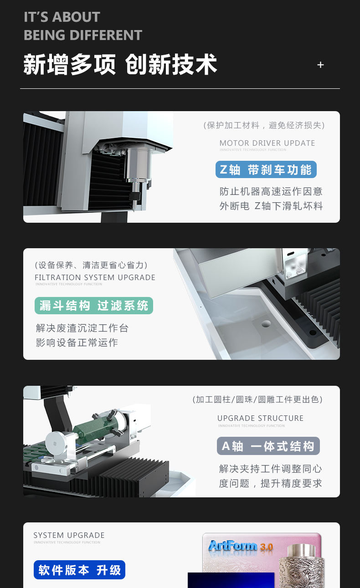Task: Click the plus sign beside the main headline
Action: pos(320,65)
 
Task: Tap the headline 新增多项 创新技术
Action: pos(120,65)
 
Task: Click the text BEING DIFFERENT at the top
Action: pos(83,35)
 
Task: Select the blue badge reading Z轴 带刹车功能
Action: pos(266,170)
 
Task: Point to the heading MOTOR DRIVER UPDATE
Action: pos(267,143)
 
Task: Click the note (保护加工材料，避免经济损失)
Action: pos(264,125)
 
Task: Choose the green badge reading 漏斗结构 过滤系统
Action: pos(94,306)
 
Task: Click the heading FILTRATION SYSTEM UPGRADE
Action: pos(95,277)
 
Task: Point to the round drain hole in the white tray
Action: pos(266,324)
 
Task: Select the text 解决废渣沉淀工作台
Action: pos(82,328)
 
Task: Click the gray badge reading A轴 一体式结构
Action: pos(268,446)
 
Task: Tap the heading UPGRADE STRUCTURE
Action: pos(260,418)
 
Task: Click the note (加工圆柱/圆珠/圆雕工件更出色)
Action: pos(257,399)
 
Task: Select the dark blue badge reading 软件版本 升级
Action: pos(79,570)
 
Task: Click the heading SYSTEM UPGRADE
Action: pos(69,535)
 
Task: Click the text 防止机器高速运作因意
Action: pos(271,191)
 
